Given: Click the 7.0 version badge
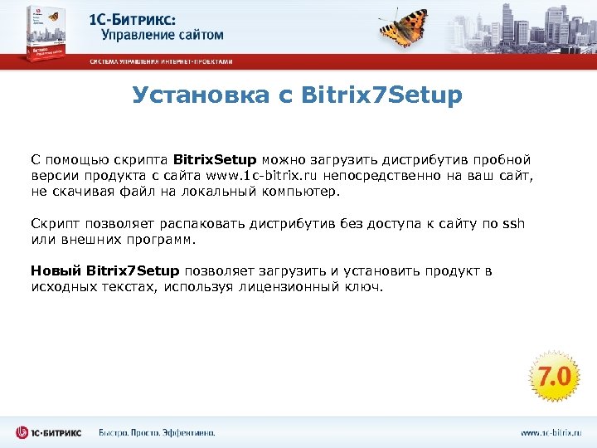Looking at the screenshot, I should tap(553, 377).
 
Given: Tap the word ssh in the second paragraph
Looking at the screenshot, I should tap(514, 223).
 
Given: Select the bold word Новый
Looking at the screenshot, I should tap(56, 271).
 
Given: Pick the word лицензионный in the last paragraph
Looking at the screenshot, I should tap(287, 287).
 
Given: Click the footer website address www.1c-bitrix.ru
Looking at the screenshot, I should tap(551, 432).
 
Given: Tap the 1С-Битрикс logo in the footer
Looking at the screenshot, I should tap(50, 432).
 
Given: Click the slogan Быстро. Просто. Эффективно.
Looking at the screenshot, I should tap(157, 432).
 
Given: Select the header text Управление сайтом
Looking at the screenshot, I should tap(163, 35).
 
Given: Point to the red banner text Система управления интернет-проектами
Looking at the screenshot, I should tap(161, 61).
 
